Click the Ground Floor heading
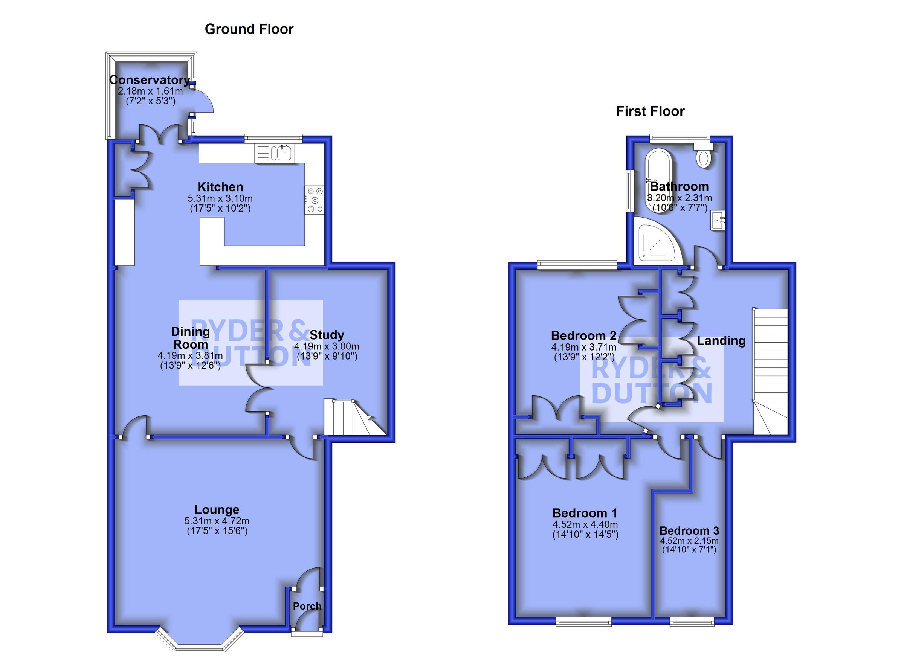(x=249, y=29)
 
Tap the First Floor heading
(x=650, y=111)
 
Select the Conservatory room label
(x=150, y=80)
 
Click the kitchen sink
(x=282, y=153)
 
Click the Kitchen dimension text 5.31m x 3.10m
(x=220, y=198)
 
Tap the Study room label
(x=327, y=335)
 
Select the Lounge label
(x=217, y=509)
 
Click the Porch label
(x=307, y=606)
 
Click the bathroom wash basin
(x=718, y=220)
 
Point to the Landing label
(x=721, y=341)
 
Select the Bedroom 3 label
(x=689, y=531)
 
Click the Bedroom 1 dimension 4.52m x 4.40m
(x=585, y=524)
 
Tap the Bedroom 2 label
(x=584, y=335)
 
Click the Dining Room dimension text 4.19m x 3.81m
(x=190, y=355)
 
